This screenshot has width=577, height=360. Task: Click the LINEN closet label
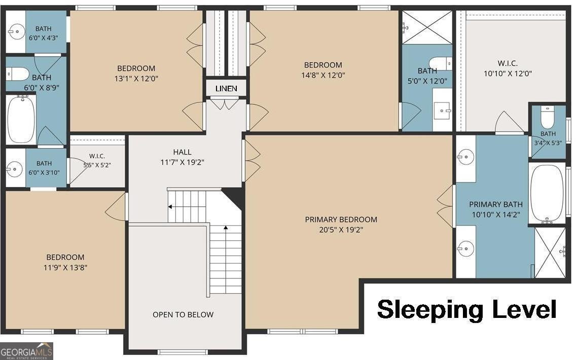point(226,88)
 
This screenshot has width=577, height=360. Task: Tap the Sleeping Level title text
point(466,309)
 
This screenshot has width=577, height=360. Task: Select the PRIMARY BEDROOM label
point(341,220)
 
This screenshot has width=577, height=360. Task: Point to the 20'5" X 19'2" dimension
point(341,230)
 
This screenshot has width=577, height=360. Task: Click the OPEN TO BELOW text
point(183,314)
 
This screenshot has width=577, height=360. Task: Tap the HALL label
point(182,152)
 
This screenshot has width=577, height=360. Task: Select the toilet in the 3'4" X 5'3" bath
point(547,116)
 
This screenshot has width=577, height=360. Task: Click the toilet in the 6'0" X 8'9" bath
point(17,74)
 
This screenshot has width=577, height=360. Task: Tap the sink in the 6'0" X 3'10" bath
point(14,169)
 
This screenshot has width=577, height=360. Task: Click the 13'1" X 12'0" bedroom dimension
point(136,79)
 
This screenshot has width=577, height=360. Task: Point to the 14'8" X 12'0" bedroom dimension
point(323,75)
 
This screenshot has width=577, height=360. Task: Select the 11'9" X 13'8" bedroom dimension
point(65,268)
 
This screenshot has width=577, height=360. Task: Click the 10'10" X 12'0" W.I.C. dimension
point(508,74)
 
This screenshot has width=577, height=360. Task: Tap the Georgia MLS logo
point(26,351)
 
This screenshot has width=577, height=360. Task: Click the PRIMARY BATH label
point(496,204)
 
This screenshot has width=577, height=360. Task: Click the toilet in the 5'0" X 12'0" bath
point(441,63)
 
